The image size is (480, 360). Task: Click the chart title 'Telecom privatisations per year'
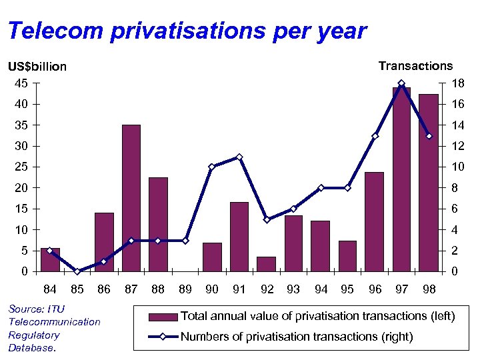(187, 31)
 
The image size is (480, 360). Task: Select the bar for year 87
(131, 198)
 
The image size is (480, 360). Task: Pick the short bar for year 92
(266, 264)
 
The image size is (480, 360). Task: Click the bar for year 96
(374, 221)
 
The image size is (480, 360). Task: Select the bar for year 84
(50, 260)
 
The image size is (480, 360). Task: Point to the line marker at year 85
(77, 271)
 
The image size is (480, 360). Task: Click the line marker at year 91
(239, 157)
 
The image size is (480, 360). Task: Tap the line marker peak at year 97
(401, 83)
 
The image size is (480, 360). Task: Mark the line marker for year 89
(185, 241)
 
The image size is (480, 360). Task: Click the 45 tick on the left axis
(22, 83)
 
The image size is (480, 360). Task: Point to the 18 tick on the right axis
(457, 83)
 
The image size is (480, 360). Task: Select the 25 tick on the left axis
(22, 167)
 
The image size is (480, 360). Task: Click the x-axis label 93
(293, 289)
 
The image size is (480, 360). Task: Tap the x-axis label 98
(429, 289)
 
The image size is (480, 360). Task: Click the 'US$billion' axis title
(37, 67)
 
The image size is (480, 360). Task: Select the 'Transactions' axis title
(415, 66)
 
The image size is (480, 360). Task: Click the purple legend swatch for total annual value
(163, 317)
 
